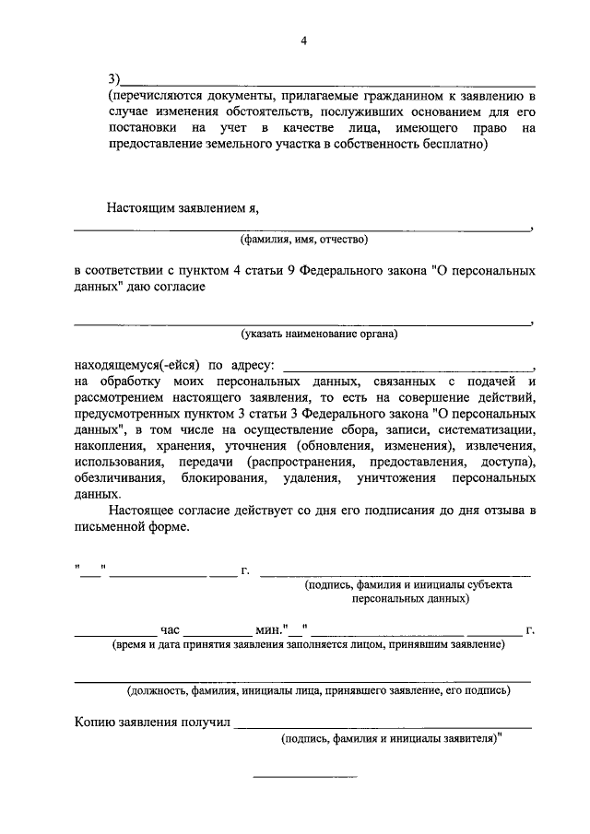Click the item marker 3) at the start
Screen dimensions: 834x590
(114, 79)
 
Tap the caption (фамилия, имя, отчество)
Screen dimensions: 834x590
(304, 241)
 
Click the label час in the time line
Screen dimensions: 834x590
(169, 629)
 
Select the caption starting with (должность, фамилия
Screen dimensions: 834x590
(318, 688)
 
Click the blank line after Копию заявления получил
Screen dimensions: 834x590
(383, 726)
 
